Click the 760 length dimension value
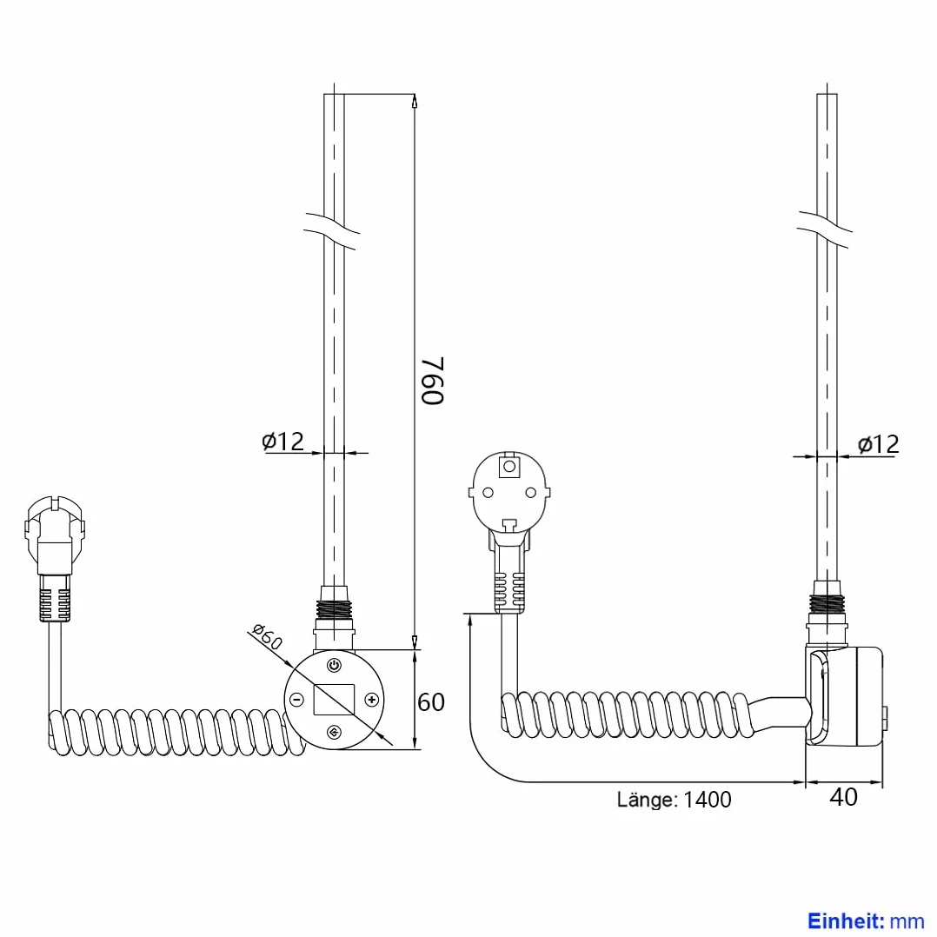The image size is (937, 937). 433,381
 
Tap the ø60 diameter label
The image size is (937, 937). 267,636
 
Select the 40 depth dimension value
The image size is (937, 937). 843,796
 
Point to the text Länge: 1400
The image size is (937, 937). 675,800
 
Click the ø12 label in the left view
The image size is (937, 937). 282,441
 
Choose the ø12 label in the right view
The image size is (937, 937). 878,444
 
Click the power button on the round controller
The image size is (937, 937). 334,665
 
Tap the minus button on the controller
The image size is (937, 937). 296,700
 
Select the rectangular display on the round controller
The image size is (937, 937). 334,699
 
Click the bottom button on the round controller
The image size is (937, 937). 334,732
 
